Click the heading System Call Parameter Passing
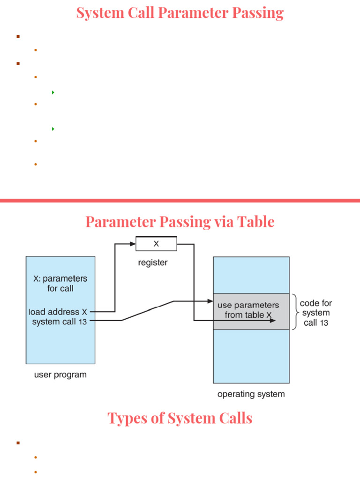pos(180,13)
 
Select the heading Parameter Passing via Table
pos(180,221)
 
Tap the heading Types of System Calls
pos(180,418)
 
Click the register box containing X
pos(156,244)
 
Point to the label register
pos(152,263)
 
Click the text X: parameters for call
pos(60,283)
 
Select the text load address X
pos(58,312)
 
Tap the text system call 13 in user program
pos(60,322)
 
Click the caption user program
pos(60,375)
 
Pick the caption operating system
pos(251,394)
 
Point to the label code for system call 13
pos(316,313)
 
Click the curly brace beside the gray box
pos(295,312)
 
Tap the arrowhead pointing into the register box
pos(133,244)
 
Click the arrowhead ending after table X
pos(273,321)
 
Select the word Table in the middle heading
pos(256,221)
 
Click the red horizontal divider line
pos(180,201)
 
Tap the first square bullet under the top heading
pos(18,36)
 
